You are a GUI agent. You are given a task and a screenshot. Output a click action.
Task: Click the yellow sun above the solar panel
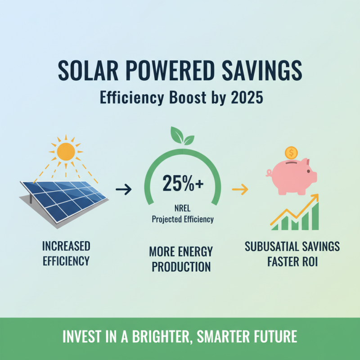point(66,152)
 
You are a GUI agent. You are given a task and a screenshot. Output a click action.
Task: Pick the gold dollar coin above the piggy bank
point(291,152)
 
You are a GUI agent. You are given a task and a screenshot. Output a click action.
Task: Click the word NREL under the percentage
point(182,209)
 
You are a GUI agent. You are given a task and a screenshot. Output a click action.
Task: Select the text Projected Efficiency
point(182,220)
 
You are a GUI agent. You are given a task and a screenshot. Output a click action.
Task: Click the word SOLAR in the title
point(88,72)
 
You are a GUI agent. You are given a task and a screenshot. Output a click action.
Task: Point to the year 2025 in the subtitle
point(247,98)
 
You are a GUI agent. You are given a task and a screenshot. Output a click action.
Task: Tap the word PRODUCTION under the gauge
point(181,266)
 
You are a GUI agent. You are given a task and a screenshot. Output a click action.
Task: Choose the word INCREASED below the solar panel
point(66,247)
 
